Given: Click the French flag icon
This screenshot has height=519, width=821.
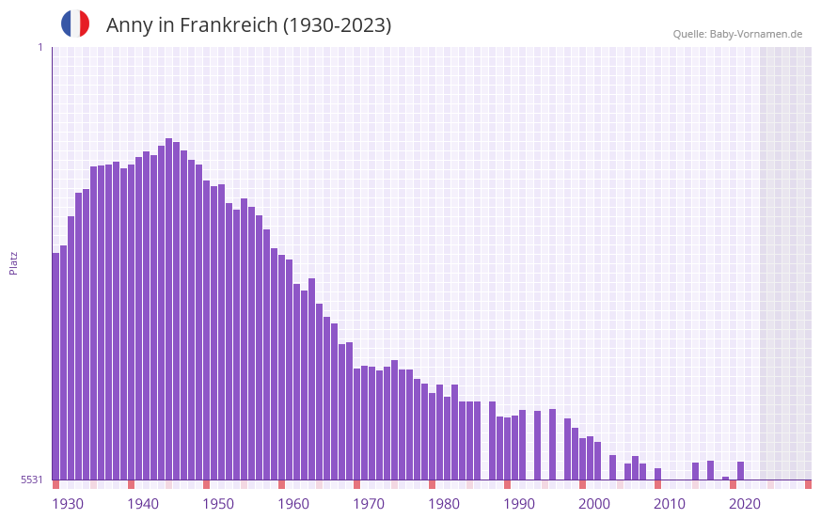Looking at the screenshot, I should tap(75, 24).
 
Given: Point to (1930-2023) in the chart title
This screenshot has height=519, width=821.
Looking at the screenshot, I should tap(337, 25).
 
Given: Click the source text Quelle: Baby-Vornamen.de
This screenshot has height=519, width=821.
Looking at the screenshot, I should tap(737, 34).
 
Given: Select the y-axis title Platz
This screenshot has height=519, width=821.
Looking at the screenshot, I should tap(13, 262).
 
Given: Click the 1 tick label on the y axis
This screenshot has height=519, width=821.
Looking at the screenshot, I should tap(39, 47).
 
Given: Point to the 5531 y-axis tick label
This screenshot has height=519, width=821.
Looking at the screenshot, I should tap(32, 480).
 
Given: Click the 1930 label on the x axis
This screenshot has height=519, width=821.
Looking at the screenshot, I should tap(68, 504).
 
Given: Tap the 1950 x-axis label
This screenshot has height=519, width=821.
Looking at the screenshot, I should tap(218, 504).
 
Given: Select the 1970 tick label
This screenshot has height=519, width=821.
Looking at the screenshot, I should tap(369, 504).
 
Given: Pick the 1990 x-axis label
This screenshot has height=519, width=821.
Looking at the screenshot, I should tap(519, 504).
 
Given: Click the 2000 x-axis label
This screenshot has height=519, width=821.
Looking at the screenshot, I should tap(594, 504).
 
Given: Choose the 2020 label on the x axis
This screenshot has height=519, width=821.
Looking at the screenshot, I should tap(745, 504).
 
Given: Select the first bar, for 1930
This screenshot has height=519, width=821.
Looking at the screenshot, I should tap(55, 366).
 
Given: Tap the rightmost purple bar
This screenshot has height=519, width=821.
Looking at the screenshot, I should tap(741, 470).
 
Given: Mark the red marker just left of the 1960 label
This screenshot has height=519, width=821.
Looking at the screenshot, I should tap(281, 484).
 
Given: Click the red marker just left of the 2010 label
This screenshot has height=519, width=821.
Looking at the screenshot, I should tap(657, 484).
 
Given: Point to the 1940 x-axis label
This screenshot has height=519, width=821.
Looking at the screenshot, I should tap(143, 504).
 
